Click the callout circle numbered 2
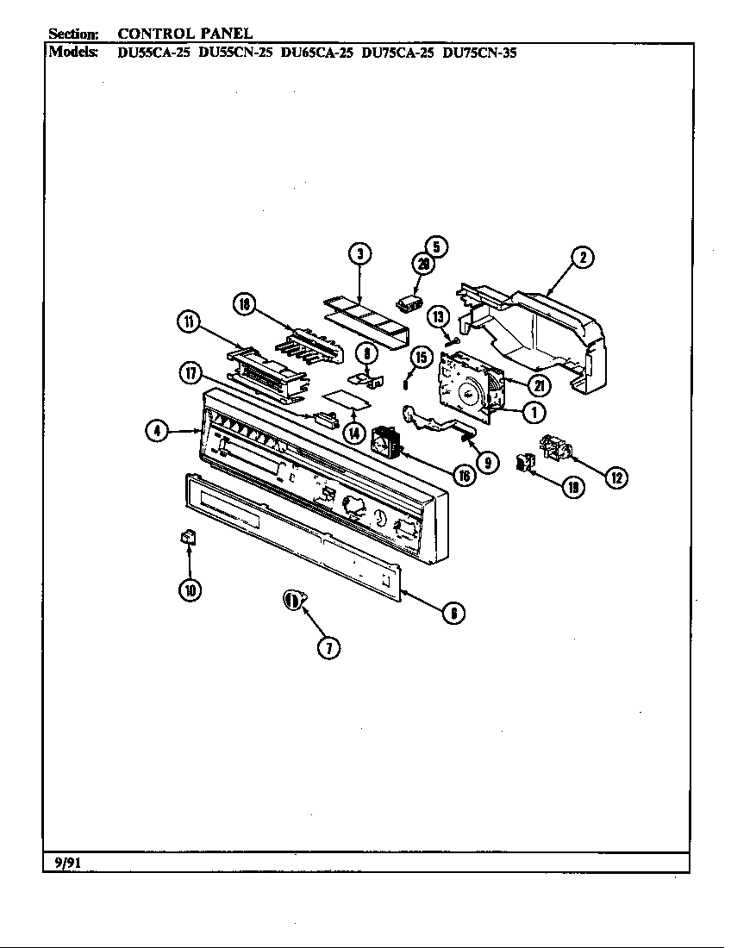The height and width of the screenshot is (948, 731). (584, 258)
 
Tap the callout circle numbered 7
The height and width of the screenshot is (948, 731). (328, 648)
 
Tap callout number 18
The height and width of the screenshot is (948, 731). (245, 303)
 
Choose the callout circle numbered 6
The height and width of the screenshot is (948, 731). (452, 613)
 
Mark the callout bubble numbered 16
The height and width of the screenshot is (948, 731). (464, 475)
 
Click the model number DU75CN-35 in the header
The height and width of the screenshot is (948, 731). (479, 52)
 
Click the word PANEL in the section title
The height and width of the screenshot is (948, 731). (224, 34)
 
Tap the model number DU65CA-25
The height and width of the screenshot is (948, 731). (316, 52)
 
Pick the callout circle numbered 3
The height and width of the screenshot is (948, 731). (360, 253)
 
